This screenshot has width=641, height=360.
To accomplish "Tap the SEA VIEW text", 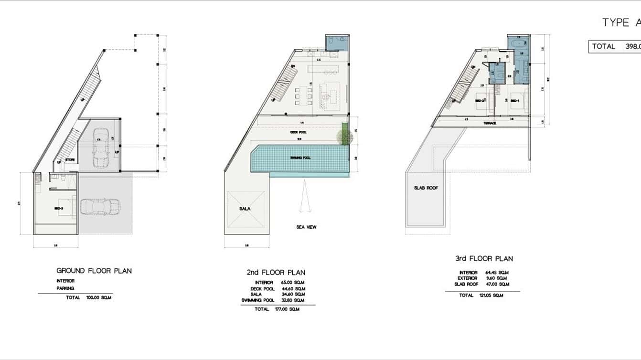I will click(x=306, y=227).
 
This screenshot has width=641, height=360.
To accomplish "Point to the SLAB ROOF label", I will click(x=426, y=188).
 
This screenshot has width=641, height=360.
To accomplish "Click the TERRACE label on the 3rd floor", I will click(x=490, y=124).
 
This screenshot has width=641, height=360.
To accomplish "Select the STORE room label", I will click(x=70, y=160).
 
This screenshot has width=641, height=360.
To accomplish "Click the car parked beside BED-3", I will click(x=100, y=207).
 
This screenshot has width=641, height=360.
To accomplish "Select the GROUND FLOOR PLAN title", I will click(x=94, y=271).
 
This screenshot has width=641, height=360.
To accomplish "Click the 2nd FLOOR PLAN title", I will click(x=276, y=273).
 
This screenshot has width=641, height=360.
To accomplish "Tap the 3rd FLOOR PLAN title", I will click(x=484, y=258).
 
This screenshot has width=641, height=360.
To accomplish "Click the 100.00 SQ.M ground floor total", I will click(x=98, y=297).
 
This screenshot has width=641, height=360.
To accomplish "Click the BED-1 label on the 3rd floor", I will click(x=514, y=101).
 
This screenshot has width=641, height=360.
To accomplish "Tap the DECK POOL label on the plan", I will click(x=299, y=132).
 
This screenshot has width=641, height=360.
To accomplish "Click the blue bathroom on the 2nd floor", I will click(x=338, y=42).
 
